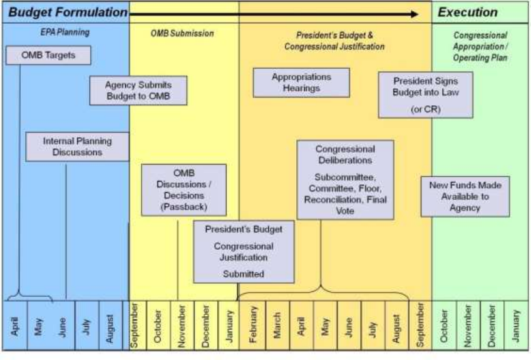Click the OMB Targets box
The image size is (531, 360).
[x=48, y=55]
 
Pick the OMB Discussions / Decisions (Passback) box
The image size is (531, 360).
[x=183, y=190]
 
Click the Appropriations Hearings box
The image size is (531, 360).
[x=301, y=82]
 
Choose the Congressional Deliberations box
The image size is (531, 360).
[x=345, y=179]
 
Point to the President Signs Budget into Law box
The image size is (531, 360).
[x=425, y=95]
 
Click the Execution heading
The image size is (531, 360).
[x=467, y=12]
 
